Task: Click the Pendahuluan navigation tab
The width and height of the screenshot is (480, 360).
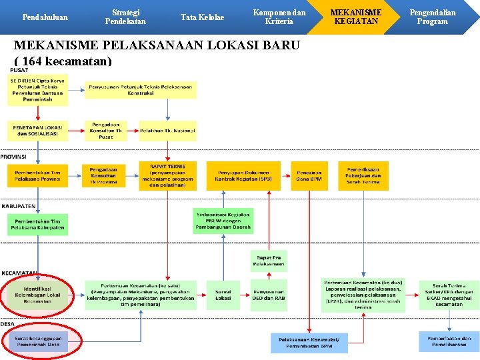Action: (x=45, y=17)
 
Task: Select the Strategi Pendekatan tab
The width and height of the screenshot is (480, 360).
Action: (x=125, y=17)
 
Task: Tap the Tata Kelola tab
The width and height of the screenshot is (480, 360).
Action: (x=203, y=17)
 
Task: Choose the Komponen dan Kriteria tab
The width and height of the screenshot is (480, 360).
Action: (x=279, y=17)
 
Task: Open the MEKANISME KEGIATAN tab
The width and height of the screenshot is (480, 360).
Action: (x=356, y=17)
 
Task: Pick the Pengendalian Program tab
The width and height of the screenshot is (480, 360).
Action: (x=432, y=17)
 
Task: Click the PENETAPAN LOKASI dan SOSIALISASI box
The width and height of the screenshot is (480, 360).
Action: (x=38, y=131)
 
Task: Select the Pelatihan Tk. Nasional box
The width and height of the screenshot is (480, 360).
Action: (x=167, y=131)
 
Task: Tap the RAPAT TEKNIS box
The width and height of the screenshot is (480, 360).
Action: (x=168, y=176)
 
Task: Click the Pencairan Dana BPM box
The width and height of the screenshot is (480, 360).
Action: (x=309, y=176)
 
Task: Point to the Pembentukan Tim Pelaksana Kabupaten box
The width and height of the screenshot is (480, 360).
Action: (x=38, y=225)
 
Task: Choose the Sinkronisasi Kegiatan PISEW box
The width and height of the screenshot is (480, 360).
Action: (x=223, y=221)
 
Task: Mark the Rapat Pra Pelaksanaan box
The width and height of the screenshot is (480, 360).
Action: (x=268, y=261)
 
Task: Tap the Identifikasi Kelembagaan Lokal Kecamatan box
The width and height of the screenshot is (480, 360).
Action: (x=38, y=295)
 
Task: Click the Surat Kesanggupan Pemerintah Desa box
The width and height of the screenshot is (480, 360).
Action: (x=38, y=341)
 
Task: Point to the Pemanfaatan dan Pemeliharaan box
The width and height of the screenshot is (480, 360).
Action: (x=449, y=341)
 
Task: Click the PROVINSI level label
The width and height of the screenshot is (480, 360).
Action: (x=13, y=156)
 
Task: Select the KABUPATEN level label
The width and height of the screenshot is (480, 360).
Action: (x=19, y=206)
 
